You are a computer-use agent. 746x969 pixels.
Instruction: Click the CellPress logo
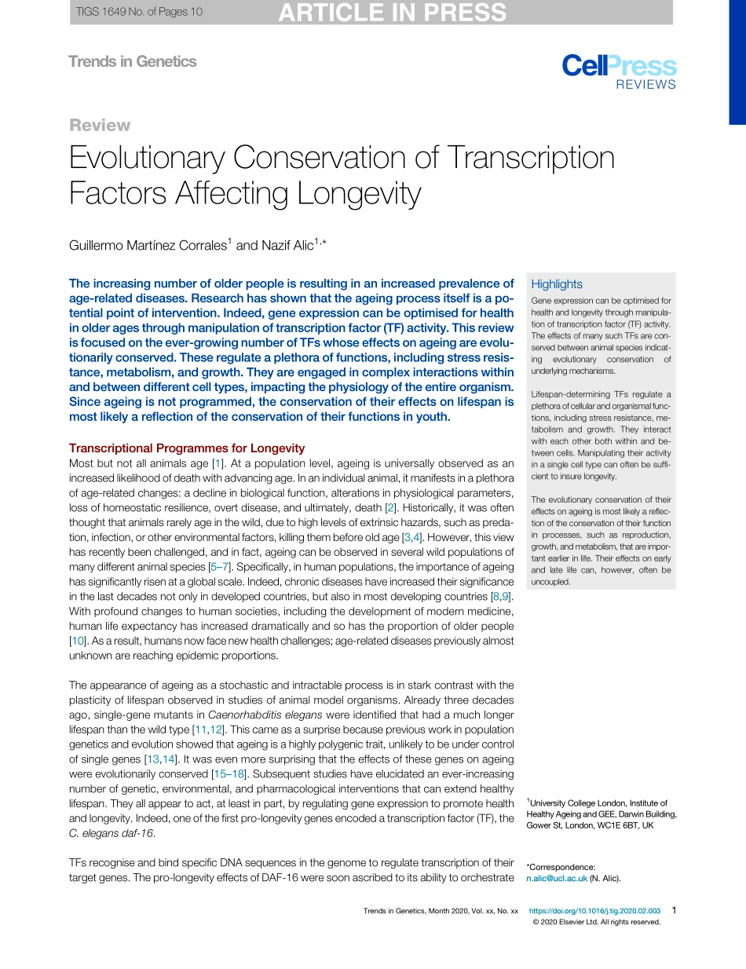tap(618, 66)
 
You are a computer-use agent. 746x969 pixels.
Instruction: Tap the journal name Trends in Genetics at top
tap(132, 61)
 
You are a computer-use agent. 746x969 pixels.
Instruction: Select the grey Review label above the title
tap(100, 126)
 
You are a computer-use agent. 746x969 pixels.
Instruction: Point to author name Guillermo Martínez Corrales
tap(148, 246)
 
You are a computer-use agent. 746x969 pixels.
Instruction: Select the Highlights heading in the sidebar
tap(557, 284)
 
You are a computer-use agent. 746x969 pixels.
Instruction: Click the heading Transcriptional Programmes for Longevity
tap(187, 448)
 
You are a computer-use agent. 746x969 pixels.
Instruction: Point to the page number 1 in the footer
tap(674, 911)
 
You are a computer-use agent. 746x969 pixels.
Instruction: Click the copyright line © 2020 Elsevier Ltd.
tap(596, 923)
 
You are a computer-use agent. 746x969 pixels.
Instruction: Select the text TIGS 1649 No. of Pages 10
tap(139, 12)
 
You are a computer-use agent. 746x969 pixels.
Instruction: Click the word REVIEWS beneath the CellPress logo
tap(645, 85)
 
